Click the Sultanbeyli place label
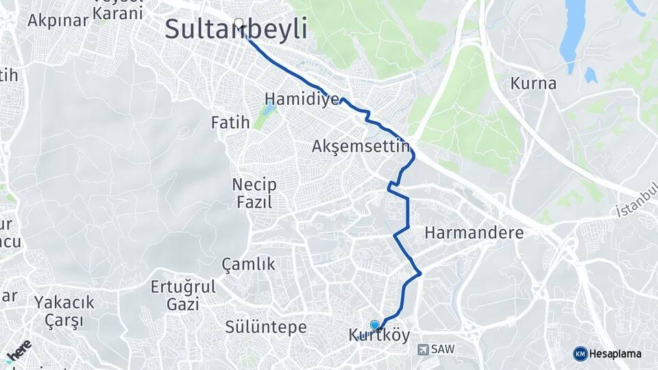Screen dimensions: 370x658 (x=236, y=30)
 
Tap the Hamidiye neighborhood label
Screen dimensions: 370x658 (x=302, y=99)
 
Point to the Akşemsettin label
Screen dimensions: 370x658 (x=361, y=146)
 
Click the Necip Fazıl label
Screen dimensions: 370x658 (x=254, y=193)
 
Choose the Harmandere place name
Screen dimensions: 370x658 (x=474, y=233)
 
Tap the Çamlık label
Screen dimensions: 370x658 (x=248, y=264)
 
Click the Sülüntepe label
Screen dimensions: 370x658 (x=266, y=328)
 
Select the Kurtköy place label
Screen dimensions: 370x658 (x=379, y=336)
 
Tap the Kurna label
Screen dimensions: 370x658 (x=533, y=84)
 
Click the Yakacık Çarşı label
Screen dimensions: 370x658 (x=64, y=311)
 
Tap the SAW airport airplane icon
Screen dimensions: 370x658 (x=422, y=349)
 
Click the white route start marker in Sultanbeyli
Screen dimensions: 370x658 (x=239, y=23)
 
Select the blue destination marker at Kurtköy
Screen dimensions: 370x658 (x=374, y=325)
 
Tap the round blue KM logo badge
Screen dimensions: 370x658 (x=580, y=354)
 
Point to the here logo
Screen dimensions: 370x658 (x=19, y=351)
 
